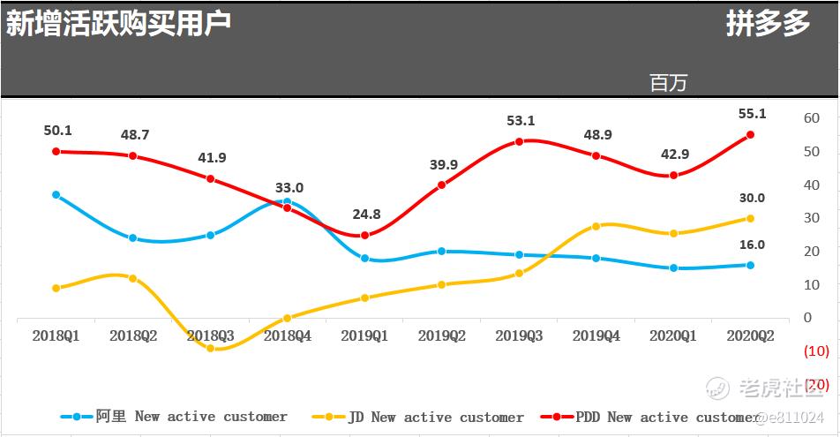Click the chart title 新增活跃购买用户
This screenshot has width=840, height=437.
pos(119,24)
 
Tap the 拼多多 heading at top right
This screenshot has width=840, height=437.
pos(768,24)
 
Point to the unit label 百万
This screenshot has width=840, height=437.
pos(668,83)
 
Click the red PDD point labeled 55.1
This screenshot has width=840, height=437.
pos(750,135)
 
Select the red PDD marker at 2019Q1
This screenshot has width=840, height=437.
pos(364,235)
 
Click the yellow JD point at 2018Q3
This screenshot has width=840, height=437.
pos(210,349)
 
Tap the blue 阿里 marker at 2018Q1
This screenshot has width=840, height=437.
pos(56,194)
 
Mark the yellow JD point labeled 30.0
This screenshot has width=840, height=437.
pos(750,218)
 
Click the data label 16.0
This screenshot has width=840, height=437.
pos(753,245)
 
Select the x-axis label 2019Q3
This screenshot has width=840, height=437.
pos(519,335)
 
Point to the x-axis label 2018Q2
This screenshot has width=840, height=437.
pos(132,335)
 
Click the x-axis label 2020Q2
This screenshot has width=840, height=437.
pos(750,335)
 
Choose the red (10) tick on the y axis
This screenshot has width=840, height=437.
pos(816,351)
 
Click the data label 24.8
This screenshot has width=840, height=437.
pos(364,214)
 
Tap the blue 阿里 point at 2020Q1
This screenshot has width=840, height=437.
pos(673,267)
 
